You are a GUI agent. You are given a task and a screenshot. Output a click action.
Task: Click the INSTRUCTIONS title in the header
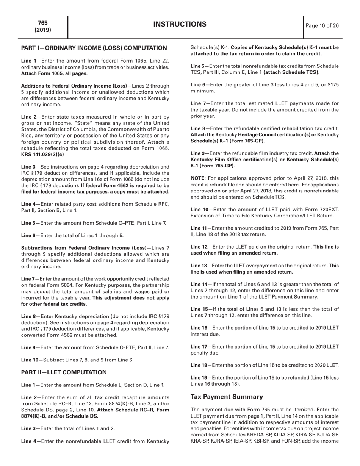180,25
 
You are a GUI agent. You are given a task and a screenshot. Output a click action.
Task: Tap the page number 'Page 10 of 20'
322,26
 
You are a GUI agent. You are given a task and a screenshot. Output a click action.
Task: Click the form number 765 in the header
43,23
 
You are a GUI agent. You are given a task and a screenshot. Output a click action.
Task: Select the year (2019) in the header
43,30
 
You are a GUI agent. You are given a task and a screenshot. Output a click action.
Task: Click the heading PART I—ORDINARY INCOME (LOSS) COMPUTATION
94,48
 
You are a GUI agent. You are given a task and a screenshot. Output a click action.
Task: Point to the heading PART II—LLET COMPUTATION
64,372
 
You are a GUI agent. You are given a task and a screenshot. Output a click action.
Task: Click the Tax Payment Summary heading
227,397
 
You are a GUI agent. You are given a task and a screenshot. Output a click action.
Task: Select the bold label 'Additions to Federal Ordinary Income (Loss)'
74,86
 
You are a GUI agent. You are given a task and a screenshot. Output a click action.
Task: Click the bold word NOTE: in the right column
198,178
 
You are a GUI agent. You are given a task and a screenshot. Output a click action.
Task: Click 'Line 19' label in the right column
199,378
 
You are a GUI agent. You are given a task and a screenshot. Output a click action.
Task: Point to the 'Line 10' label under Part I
29,360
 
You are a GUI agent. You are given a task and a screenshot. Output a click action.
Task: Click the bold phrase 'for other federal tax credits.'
54,304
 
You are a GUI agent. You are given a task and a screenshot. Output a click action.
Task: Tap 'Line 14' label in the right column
199,284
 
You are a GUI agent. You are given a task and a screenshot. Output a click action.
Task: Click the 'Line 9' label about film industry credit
197,153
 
